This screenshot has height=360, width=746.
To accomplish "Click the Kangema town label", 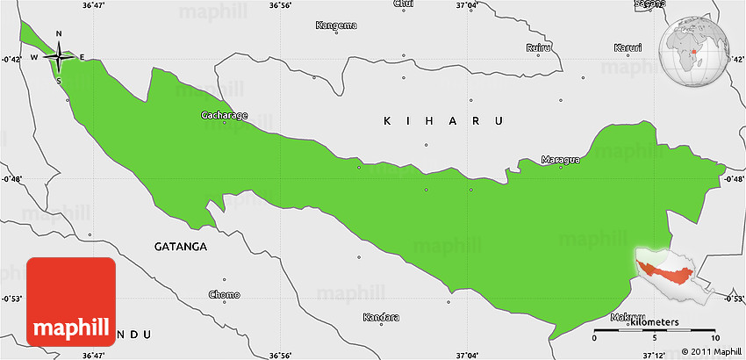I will pos(336,25).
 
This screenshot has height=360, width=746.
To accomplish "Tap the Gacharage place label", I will pos(224,115).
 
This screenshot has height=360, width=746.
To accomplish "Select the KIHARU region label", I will pos(441,120).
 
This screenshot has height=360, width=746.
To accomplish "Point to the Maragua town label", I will pos(558,159).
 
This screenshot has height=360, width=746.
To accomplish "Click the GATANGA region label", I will pos(180,247).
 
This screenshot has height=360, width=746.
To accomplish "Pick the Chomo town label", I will pos(223,294).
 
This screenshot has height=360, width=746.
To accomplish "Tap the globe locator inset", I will pos(699,48).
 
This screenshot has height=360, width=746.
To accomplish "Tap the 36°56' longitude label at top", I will pos(280,5).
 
